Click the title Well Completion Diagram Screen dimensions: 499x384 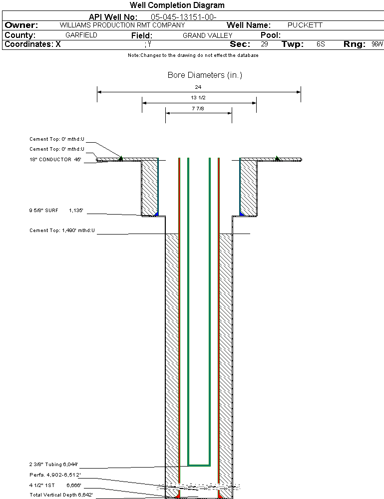pos(177,5)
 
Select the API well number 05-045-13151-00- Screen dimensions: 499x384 pos(183,17)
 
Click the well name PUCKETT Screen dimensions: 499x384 pos(305,25)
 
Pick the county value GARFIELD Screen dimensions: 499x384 pos(81,35)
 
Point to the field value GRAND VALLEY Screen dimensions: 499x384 pos(207,35)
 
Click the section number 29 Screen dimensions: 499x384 pos(264,44)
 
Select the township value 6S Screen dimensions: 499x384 pos(321,44)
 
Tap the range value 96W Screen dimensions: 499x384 pos(377,44)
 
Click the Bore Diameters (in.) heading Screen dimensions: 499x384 pos(205,75)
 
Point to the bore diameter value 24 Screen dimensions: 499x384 pos(198,87)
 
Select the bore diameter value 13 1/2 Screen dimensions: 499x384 pos(198,98)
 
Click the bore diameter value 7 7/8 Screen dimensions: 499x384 pos(198,108)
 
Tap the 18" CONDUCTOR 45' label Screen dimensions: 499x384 pos(55,160)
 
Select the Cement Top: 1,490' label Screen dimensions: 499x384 pos(62,231)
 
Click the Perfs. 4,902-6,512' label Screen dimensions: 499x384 pos(55,475)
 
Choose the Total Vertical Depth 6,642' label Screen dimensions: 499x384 pos(61,495)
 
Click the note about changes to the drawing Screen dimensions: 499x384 pos(193,55)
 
